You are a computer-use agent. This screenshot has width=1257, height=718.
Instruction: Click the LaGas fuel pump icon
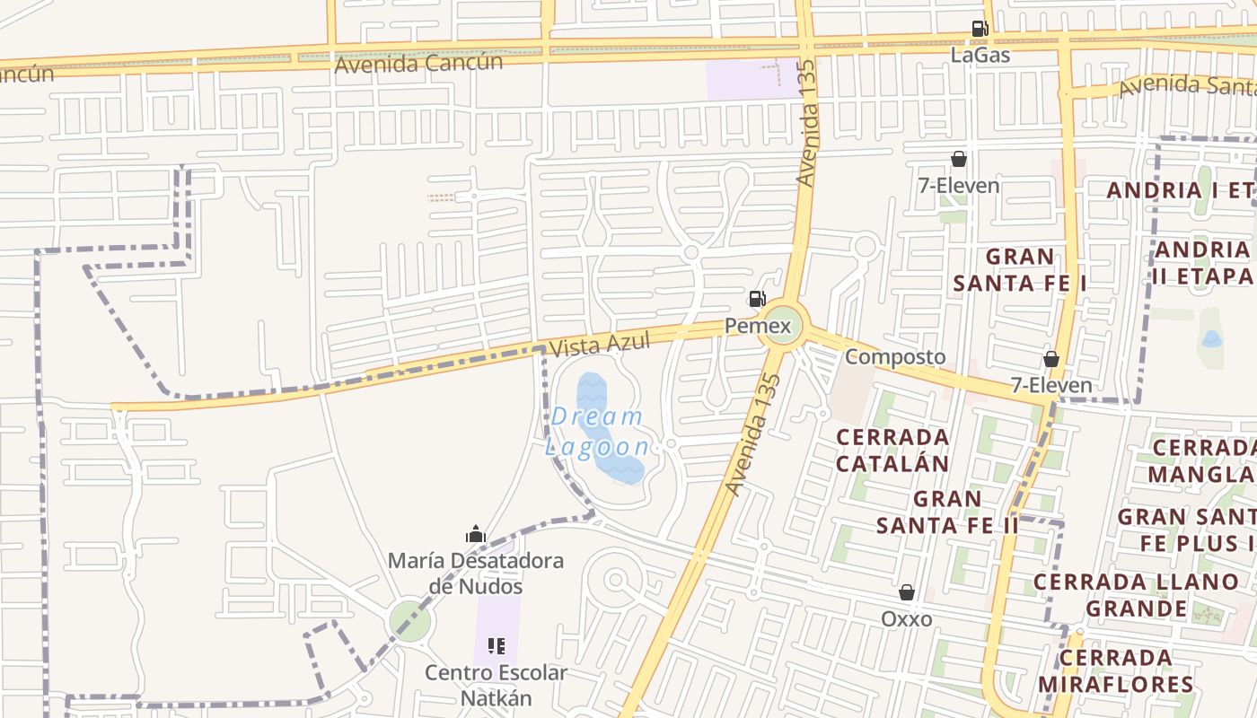pos(980,29)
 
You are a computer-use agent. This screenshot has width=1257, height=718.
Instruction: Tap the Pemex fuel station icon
pos(758,299)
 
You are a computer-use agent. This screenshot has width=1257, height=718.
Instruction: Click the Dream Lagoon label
pos(597,432)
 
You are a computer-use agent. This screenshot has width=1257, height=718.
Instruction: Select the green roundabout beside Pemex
pos(779,325)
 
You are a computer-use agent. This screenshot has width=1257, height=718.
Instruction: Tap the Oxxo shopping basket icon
pos(907,592)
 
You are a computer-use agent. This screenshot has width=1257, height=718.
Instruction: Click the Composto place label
pos(895,356)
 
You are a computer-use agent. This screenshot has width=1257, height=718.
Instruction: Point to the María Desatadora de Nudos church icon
pos(476,535)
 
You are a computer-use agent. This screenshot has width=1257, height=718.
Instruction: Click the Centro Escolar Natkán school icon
pos(496,645)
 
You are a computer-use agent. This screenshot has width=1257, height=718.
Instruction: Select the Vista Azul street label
pos(599,345)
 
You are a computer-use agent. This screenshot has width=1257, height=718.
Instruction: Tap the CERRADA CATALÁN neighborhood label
pos(892,450)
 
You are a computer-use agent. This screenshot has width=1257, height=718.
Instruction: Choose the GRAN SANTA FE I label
pos(1019,269)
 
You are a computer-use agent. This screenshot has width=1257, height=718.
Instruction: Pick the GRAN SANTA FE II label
pos(947,512)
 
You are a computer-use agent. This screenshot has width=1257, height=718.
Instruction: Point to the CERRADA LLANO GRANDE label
pos(1136,595)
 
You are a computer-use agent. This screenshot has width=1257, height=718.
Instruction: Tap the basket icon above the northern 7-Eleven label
pos(959,160)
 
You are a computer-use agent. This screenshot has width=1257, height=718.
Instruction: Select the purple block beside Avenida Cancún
pos(752,79)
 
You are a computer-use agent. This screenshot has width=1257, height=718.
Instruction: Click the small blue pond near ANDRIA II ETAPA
pos(1211,339)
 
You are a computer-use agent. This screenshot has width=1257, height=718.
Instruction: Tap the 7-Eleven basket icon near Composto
pos(1051,359)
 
